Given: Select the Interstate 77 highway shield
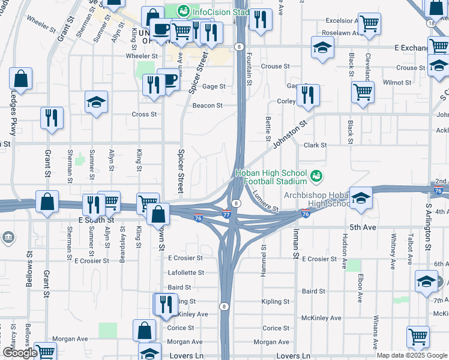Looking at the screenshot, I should coord(226,214).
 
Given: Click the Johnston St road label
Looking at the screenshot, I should coord(289,134).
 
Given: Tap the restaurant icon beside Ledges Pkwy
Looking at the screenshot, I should coord(52,118).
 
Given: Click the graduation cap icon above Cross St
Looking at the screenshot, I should coord(95,103).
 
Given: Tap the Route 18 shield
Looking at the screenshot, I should coord(432,23).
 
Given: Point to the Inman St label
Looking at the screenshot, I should coord(295,247).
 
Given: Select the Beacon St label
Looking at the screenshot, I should coord(207,106).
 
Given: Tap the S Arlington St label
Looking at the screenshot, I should coord(428,227).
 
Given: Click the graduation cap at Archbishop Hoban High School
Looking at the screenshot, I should coord(361,199).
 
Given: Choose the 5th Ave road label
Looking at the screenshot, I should coord(362,228).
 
